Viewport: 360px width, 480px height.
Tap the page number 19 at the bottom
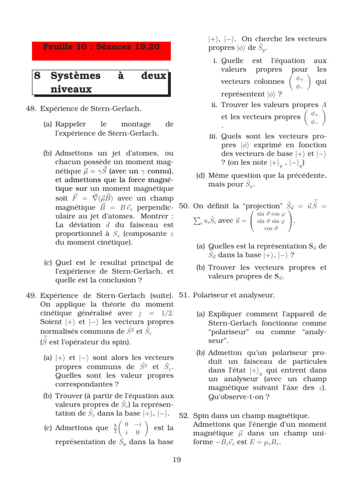coord(177,460)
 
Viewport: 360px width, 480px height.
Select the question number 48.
coord(31,109)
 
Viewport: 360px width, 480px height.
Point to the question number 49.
coord(31,295)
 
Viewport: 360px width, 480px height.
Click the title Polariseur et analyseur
coord(233,295)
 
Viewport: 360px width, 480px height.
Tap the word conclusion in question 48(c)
coord(118,280)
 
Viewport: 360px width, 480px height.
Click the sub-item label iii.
coord(214,137)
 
